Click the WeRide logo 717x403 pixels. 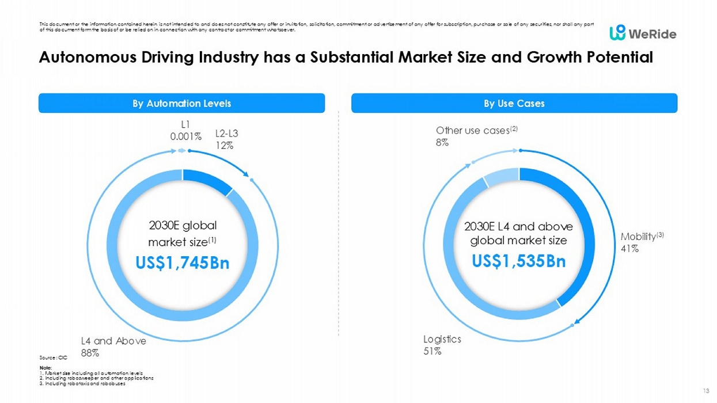643,33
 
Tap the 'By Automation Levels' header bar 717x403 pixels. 181,104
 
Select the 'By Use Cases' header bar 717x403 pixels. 514,104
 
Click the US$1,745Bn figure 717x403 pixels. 183,263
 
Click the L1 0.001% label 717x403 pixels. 185,131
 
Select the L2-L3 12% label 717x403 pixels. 226,140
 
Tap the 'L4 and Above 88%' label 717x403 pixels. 113,346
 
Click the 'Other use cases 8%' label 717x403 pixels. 476,136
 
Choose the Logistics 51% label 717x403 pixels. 442,345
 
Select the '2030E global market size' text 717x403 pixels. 183,233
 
